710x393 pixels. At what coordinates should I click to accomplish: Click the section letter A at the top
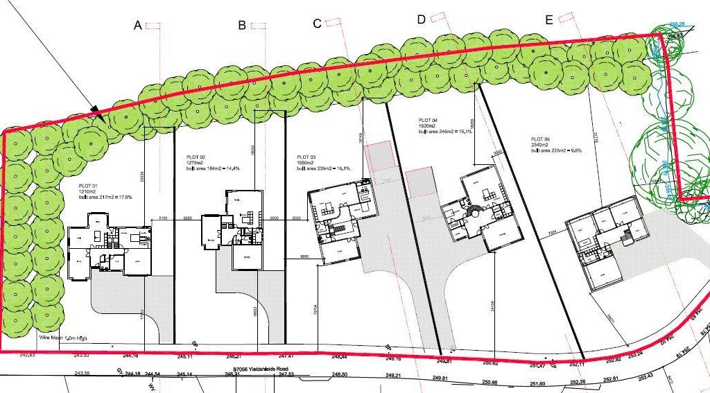137,26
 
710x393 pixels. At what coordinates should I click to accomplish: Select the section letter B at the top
242,26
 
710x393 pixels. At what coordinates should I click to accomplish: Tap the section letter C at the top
317,24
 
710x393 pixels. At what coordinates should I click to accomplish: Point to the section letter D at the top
421,19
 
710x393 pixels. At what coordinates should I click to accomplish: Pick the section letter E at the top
548,20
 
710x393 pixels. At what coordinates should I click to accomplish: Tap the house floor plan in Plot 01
111,245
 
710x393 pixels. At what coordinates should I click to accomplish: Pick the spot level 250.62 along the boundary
490,363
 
